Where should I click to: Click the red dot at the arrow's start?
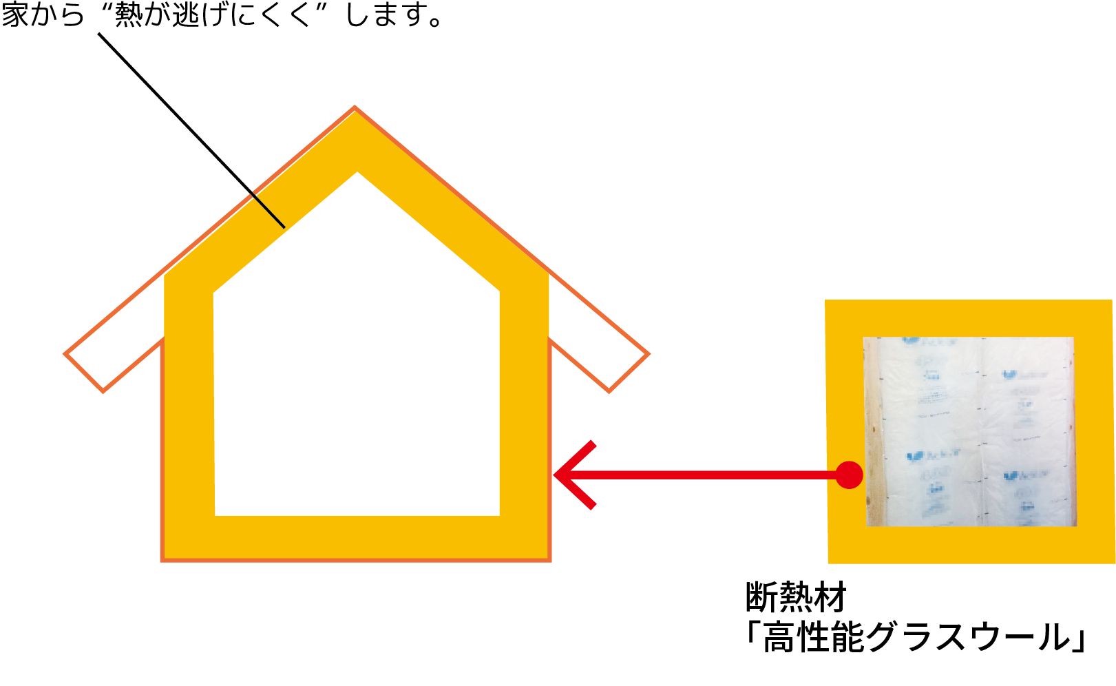coord(849,475)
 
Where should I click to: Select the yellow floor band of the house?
coord(357,537)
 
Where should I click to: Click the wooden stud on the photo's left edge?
coord(873,430)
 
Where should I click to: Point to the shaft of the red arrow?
coord(702,475)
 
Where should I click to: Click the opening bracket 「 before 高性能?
coord(752,637)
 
